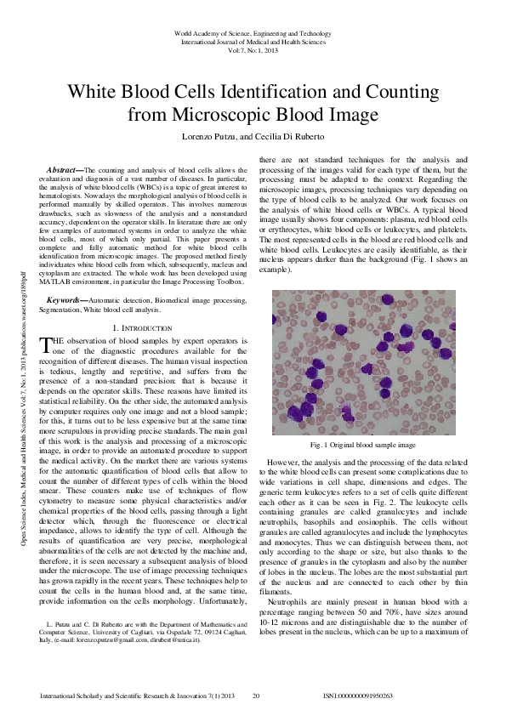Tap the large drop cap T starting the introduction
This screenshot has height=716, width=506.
46,343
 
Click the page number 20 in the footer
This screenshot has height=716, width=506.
255,696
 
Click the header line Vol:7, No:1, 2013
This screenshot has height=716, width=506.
253,50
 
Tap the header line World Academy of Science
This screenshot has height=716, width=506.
253,31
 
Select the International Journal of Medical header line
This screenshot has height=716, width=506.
253,41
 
